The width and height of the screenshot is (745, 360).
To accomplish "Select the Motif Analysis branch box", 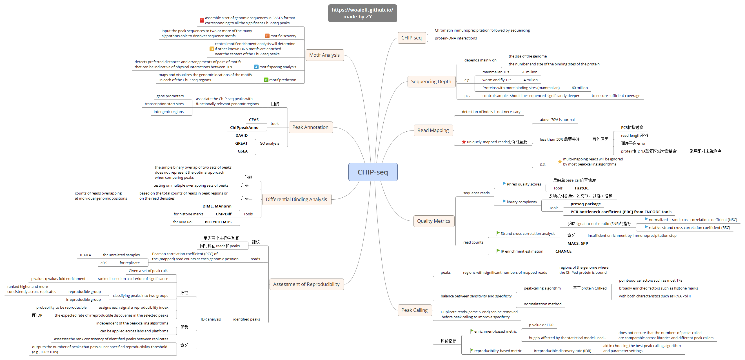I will tap(324, 55).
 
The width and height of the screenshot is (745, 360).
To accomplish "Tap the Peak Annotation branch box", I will tap(310, 127).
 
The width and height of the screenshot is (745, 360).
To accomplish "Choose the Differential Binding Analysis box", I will tap(296, 199).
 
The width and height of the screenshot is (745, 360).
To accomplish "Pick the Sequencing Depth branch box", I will tap(431, 81).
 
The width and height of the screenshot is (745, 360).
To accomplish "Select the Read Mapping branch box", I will tap(433, 130).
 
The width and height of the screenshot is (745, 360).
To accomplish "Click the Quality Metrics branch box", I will tap(433, 221).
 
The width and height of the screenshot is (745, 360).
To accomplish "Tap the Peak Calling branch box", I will tap(414, 310).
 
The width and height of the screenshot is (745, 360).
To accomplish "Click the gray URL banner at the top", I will tap(362, 13).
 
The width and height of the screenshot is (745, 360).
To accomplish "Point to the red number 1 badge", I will tap(202, 20).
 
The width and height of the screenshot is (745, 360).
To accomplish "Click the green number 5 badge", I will tap(266, 80).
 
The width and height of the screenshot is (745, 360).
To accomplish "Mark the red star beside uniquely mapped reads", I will tap(464, 142).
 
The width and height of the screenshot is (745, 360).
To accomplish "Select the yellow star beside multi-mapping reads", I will tap(560, 162).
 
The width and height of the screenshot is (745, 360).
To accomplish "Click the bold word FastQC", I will tap(581, 188).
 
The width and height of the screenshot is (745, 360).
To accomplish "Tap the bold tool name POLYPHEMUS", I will tap(218, 222).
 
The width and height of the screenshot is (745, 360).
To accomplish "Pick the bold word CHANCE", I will tap(563, 251).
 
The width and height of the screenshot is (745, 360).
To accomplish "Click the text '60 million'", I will tap(580, 88).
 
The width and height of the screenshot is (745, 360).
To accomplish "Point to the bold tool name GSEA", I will tap(242, 151).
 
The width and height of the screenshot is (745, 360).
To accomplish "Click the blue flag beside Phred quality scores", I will tap(504, 184).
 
